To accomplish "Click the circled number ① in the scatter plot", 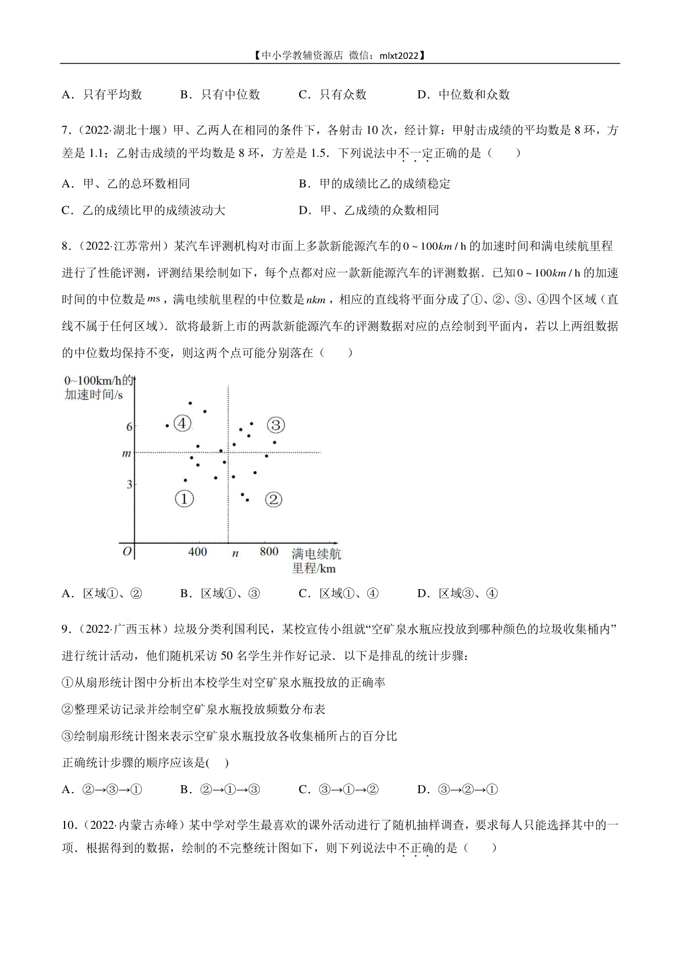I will point(184,499).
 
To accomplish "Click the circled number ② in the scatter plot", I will point(273,499).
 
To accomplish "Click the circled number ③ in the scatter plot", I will point(275,425).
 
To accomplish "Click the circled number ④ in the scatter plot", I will point(182,423).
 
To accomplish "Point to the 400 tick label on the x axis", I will point(197,552).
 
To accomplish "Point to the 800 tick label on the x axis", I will point(269,552).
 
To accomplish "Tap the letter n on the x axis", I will point(235,554).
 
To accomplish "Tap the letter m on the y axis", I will point(127,453).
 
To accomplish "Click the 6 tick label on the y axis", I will point(129,427).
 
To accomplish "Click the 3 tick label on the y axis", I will point(129,484).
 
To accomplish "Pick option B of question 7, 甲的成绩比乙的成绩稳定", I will point(375,184).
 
